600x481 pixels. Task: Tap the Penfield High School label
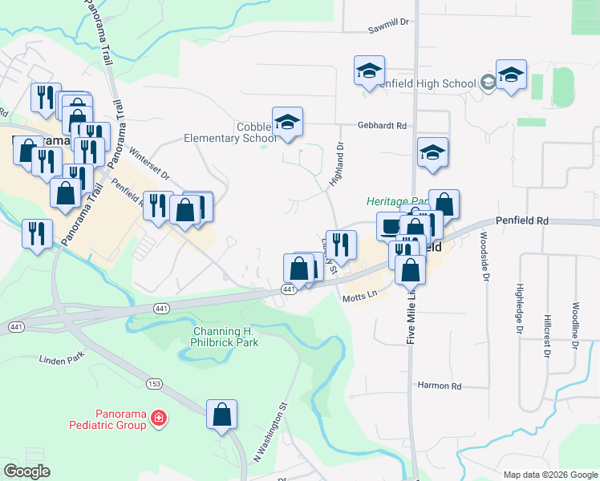click(x=425, y=83)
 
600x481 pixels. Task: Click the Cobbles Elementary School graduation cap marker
click(x=287, y=123)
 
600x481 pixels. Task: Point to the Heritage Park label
click(x=396, y=202)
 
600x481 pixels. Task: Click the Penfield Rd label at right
click(x=521, y=220)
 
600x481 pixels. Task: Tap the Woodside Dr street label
click(x=485, y=258)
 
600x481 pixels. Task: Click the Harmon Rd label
click(x=440, y=386)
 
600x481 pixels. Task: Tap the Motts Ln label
click(x=359, y=296)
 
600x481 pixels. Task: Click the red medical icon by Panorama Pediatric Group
click(x=159, y=418)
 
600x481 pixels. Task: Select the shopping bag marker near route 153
click(x=222, y=415)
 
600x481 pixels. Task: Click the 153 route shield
click(x=155, y=384)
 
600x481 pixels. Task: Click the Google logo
click(x=26, y=471)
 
